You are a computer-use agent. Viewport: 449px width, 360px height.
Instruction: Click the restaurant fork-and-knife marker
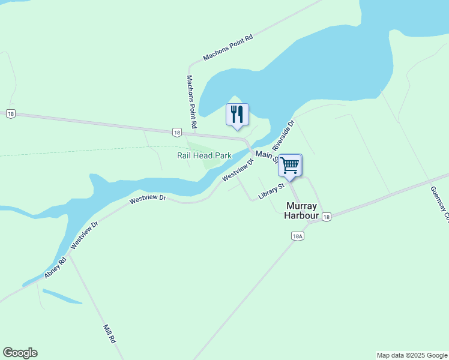pyautogui.click(x=237, y=114)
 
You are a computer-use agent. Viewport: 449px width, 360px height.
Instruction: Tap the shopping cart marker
pyautogui.click(x=290, y=165)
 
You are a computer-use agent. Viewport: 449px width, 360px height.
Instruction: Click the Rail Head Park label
pyautogui.click(x=204, y=155)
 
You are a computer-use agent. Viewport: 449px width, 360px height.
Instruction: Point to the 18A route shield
pyautogui.click(x=298, y=236)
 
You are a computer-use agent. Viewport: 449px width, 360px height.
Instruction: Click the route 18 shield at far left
pyautogui.click(x=10, y=114)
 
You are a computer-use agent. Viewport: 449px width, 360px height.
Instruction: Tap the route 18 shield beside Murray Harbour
pyautogui.click(x=325, y=217)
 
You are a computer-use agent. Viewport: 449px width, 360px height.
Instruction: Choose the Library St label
pyautogui.click(x=271, y=191)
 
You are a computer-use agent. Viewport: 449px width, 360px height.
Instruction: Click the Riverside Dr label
pyautogui.click(x=283, y=135)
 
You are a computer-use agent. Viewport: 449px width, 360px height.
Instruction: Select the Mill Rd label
pyautogui.click(x=109, y=334)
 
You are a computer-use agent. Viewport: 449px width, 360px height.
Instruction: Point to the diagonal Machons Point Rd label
pyautogui.click(x=228, y=47)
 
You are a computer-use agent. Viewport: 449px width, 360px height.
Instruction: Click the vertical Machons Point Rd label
pyautogui.click(x=191, y=102)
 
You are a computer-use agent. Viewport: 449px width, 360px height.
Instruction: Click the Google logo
pyautogui.click(x=20, y=353)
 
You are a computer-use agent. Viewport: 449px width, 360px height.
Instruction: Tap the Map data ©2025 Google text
pyautogui.click(x=411, y=355)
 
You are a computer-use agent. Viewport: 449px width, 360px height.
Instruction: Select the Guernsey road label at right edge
pyautogui.click(x=439, y=204)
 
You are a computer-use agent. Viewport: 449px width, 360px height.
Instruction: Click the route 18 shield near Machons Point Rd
pyautogui.click(x=176, y=132)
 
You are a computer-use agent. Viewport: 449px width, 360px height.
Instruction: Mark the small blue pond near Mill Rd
pyautogui.click(x=62, y=297)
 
